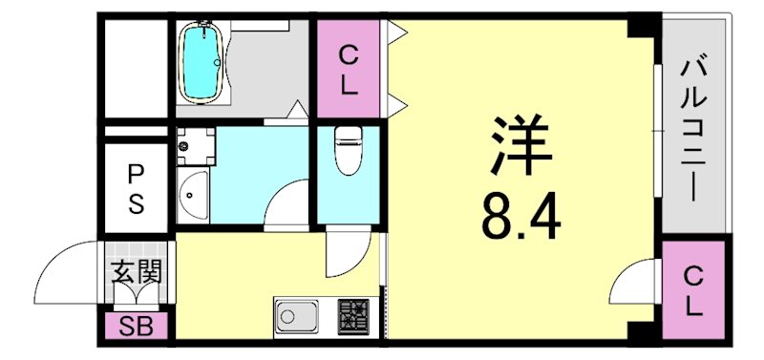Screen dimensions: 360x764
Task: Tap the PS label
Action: [137, 189]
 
